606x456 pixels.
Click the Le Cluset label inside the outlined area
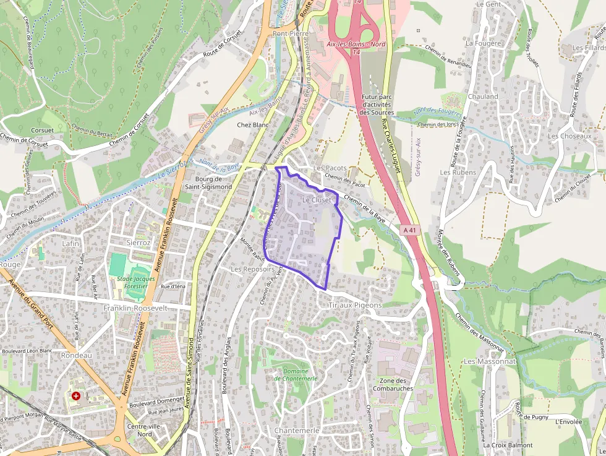pos(317,200)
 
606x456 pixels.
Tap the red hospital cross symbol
pos(75,395)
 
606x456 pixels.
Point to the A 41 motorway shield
pos(409,230)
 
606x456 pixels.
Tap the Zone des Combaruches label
pos(393,384)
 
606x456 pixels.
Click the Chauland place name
pos(483,97)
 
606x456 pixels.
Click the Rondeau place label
pos(76,356)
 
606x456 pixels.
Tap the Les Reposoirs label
pos(252,270)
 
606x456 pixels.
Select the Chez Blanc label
pos(253,124)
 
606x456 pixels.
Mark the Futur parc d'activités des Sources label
pos(377,105)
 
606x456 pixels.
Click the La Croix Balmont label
pos(508,445)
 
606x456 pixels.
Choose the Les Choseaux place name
pos(570,136)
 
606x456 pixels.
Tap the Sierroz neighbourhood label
pos(138,243)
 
